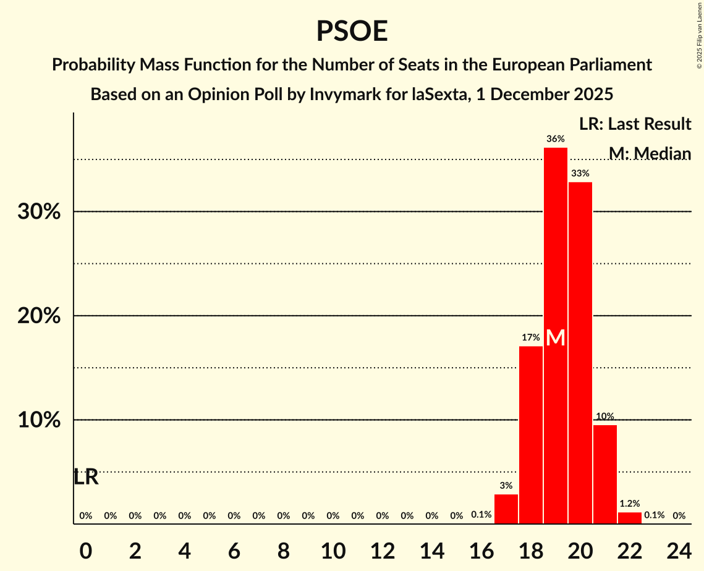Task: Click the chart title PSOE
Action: point(352,31)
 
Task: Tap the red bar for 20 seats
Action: point(580,352)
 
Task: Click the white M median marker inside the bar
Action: point(556,337)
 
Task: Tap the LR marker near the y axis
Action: point(86,477)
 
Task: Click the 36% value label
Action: point(556,138)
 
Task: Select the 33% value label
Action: point(580,174)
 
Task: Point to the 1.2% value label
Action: point(630,504)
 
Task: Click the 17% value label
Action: point(531,337)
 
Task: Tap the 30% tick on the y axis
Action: point(39,212)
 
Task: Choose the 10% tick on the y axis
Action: point(39,420)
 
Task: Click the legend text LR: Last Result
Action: point(635,124)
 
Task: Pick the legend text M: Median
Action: point(649,153)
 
